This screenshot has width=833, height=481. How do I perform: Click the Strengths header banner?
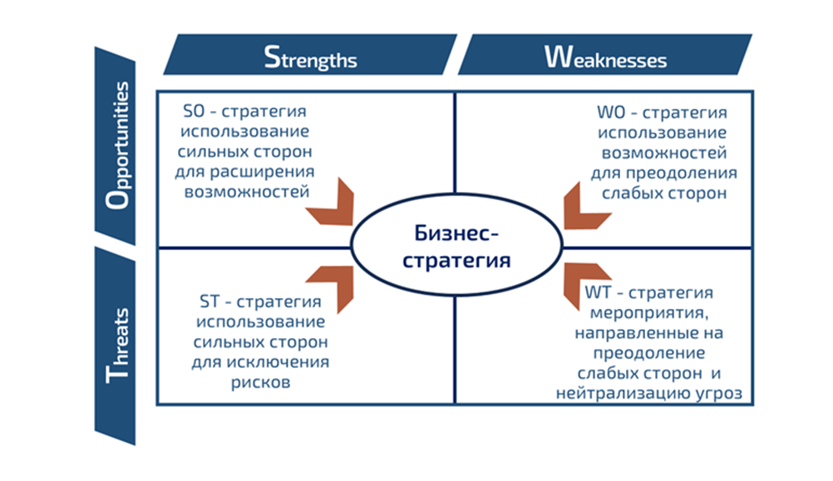point(310,56)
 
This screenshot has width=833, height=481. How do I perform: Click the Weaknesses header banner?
point(605,56)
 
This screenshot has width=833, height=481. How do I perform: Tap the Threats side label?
point(119,344)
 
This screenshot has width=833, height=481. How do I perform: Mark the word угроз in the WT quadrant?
point(717,393)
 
